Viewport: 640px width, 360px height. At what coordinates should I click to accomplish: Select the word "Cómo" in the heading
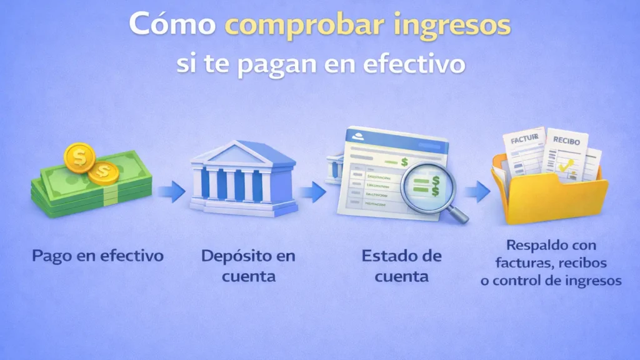pos(172,26)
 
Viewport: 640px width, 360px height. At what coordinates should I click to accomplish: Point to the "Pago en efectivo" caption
pos(98,256)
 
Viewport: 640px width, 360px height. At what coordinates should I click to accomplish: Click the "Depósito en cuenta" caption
pos(248,265)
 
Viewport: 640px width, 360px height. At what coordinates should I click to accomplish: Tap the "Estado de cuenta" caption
pos(401,265)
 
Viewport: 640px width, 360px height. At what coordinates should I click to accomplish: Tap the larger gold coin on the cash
pos(80,157)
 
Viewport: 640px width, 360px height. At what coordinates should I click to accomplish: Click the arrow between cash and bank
pos(170,191)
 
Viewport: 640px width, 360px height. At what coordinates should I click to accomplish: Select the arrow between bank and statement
pos(312,191)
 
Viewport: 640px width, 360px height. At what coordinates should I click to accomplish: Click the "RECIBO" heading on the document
pos(566,141)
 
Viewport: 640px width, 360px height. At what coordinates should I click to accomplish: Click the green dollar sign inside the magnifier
pos(436,184)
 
